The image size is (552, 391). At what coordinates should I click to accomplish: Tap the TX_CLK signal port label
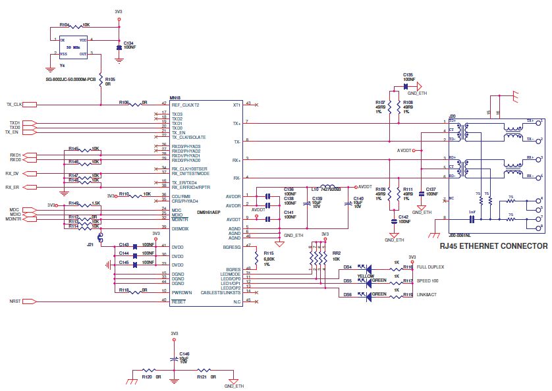pos(14,105)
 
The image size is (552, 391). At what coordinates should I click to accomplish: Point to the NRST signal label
pos(14,301)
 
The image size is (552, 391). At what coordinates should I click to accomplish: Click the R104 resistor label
pos(64,24)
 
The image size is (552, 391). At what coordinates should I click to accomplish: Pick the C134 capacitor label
pos(128,43)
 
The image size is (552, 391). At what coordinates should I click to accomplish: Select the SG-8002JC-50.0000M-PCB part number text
pos(70,79)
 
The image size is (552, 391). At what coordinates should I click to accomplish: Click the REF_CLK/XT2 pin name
pos(185,105)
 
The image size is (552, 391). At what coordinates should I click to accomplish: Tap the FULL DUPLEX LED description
pos(430,267)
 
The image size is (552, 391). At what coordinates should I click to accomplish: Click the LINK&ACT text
pos(426,294)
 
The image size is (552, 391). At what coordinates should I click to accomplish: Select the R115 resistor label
pos(268,253)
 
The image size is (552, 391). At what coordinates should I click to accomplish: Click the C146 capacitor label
pos(184,353)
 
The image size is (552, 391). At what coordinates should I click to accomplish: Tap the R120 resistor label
pos(147,377)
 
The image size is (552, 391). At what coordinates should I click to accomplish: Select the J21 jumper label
pos(90,243)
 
